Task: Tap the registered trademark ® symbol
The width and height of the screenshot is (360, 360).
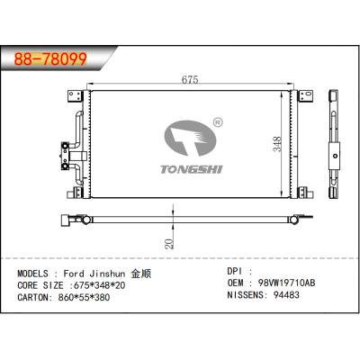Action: pos(215,120)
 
